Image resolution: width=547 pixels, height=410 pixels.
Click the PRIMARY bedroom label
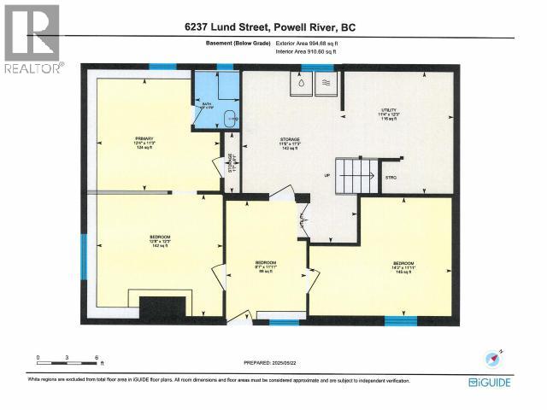pos(138,142)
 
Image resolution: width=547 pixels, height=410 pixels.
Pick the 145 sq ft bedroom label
pos(403,266)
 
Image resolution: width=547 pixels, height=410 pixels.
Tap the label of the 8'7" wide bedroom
pos(266,266)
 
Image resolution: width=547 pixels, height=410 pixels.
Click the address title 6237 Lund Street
pos(269,28)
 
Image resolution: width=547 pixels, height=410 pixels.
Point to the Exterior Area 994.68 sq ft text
pos(311,43)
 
